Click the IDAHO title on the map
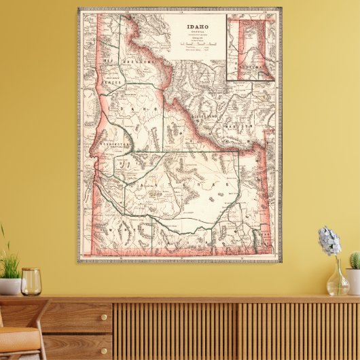point(197,28)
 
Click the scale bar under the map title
point(197,43)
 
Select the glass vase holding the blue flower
point(337,280)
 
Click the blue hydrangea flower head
point(329,241)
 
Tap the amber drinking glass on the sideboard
point(31,281)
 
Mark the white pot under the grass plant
point(9,286)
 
